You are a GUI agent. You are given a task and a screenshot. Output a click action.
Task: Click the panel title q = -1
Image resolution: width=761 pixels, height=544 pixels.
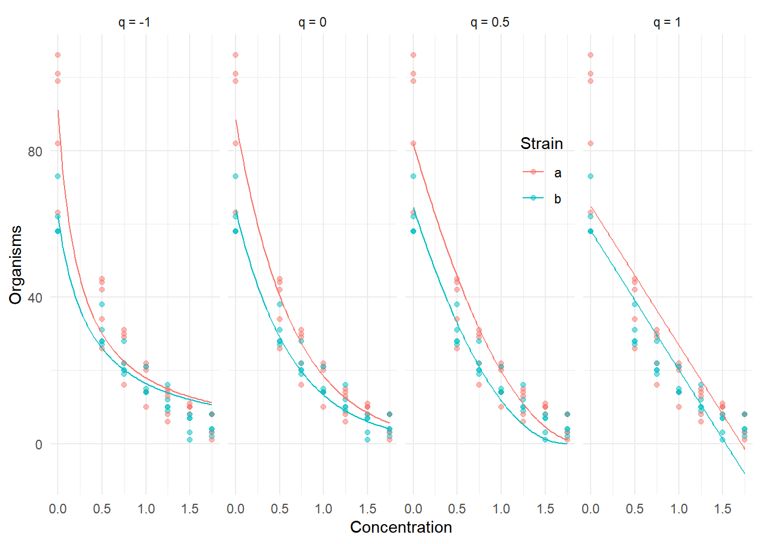click(134, 23)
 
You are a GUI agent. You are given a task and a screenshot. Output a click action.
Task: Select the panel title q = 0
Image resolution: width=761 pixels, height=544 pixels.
click(312, 23)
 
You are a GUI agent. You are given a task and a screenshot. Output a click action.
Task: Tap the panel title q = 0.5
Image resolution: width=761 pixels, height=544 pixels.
click(490, 23)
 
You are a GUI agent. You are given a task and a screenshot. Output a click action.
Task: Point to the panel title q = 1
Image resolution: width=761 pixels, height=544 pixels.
click(667, 23)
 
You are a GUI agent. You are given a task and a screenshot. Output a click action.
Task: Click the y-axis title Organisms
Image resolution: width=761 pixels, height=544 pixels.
click(16, 265)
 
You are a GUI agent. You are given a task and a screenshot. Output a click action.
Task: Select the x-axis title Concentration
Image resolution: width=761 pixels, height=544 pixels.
click(401, 528)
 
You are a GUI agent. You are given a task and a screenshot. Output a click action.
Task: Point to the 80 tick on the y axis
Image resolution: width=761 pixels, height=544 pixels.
click(35, 151)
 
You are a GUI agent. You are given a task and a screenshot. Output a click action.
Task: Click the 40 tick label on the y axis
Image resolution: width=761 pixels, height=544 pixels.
click(35, 297)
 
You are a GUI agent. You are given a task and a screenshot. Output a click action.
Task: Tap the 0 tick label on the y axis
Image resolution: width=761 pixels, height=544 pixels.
click(39, 444)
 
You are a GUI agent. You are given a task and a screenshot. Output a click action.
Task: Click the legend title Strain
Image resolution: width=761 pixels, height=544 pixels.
click(541, 144)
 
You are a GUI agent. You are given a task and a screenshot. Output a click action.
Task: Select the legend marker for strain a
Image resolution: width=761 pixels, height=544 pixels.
click(533, 172)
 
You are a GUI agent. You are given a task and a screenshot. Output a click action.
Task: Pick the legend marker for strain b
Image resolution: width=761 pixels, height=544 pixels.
click(533, 198)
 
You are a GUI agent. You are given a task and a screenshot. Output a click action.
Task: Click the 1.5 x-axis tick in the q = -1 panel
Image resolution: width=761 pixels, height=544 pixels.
click(190, 509)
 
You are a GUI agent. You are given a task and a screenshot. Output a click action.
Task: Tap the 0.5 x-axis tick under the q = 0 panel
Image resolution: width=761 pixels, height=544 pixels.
click(280, 509)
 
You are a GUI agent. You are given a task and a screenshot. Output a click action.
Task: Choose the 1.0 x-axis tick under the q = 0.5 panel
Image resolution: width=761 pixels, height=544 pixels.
click(501, 509)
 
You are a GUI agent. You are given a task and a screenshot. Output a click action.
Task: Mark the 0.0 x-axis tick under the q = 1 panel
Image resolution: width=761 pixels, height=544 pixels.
click(591, 509)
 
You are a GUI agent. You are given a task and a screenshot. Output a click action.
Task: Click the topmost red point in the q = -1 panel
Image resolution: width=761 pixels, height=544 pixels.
click(58, 55)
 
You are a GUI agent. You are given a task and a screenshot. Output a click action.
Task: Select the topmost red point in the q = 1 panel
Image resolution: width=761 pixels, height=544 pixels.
click(591, 55)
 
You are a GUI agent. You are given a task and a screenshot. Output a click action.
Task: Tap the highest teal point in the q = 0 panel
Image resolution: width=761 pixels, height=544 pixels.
click(236, 176)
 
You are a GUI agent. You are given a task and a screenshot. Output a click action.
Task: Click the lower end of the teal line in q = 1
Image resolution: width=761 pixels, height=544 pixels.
click(745, 473)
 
